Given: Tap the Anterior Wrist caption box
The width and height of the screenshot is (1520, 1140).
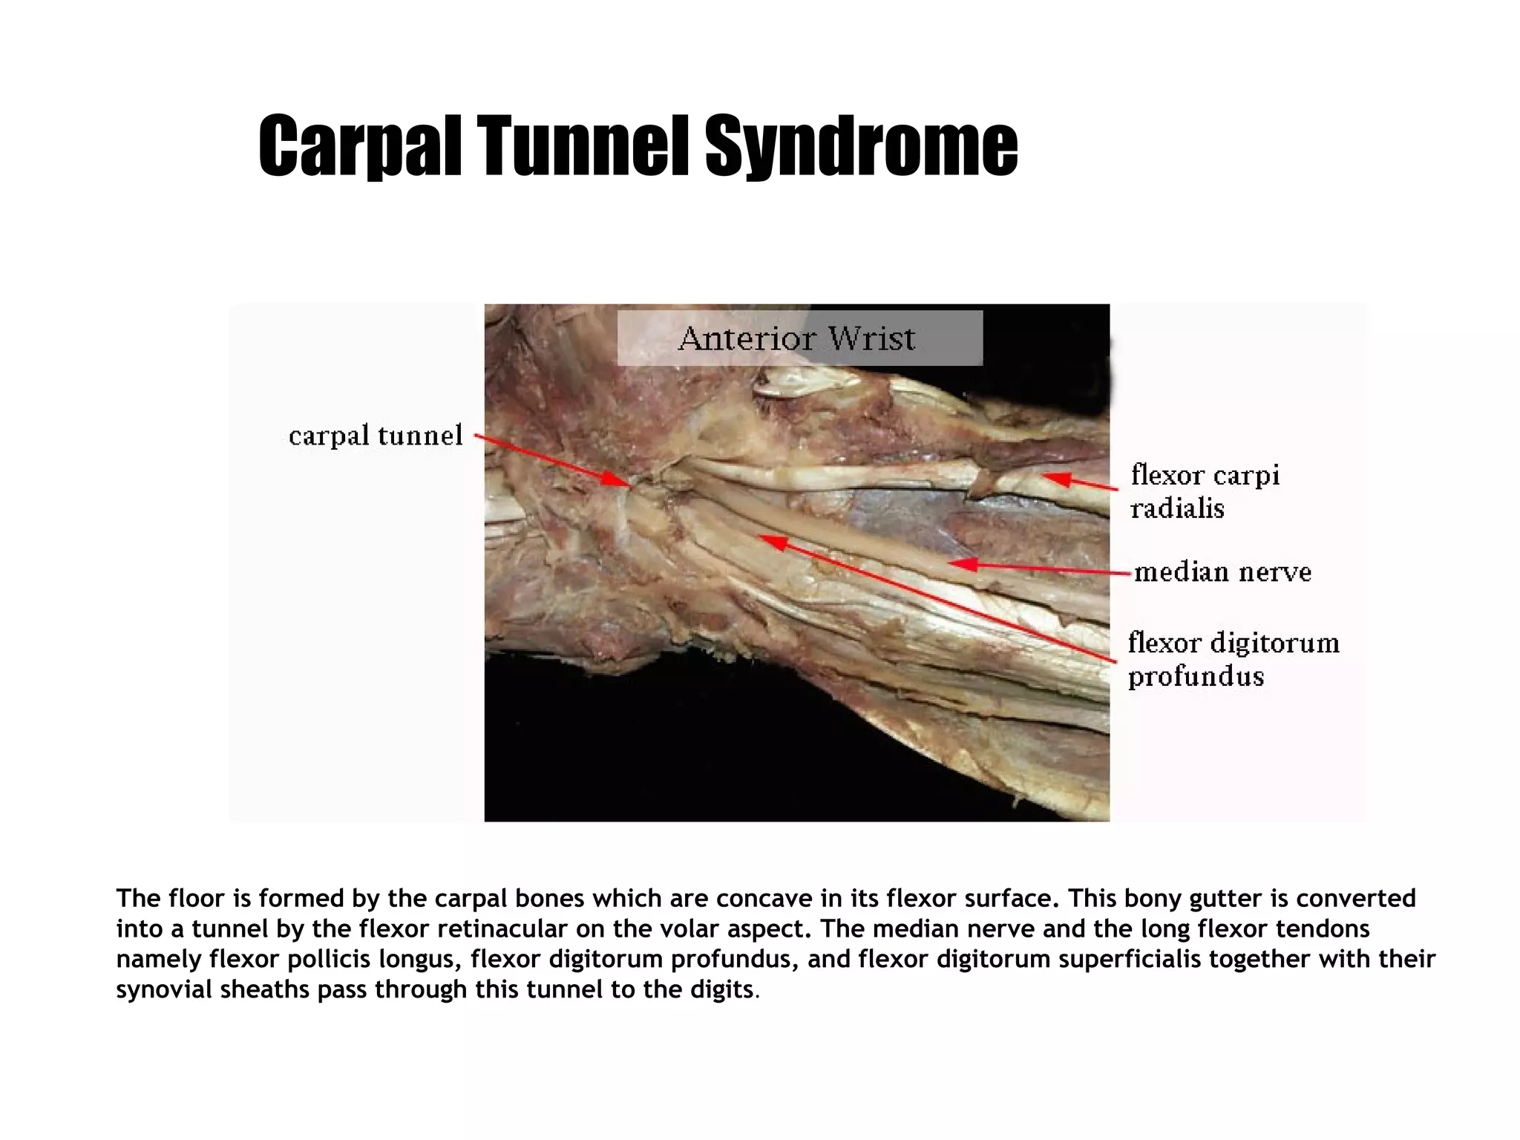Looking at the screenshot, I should (x=799, y=338).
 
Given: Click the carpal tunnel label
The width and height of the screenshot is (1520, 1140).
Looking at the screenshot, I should (x=376, y=436).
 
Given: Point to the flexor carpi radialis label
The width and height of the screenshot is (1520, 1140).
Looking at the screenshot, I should (x=1204, y=491).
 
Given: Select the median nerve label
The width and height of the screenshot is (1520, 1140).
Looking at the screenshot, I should (x=1222, y=572).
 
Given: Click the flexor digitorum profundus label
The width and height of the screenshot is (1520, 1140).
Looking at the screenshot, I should (x=1233, y=659).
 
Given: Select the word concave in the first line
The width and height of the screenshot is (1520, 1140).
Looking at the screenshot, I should (x=764, y=899).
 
